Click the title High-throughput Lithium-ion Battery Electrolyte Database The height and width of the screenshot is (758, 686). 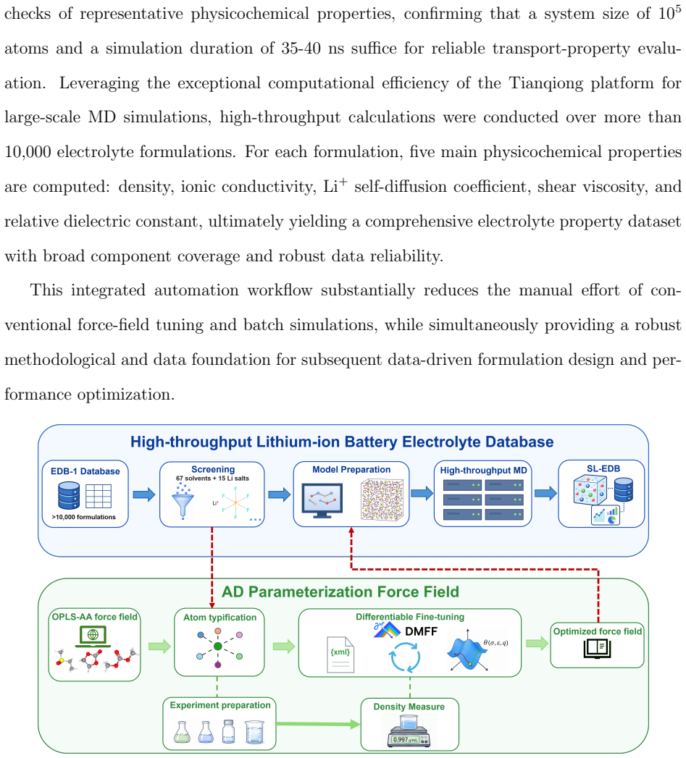[x=342, y=442]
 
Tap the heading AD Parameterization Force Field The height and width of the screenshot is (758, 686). [x=340, y=591]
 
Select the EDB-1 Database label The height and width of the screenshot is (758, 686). [x=85, y=471]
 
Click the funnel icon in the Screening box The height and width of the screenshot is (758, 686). [x=183, y=502]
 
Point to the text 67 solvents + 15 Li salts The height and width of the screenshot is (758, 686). [x=212, y=479]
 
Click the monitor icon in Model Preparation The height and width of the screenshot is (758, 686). [x=322, y=500]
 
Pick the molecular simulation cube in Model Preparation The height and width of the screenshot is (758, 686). [x=382, y=500]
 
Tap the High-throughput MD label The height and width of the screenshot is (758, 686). [x=483, y=471]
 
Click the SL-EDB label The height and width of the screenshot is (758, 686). [x=603, y=468]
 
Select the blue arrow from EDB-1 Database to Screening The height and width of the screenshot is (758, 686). [x=144, y=494]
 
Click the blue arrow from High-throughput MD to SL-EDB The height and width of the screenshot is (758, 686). [x=545, y=493]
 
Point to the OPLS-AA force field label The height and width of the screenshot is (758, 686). [x=95, y=617]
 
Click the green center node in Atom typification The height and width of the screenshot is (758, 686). [x=218, y=647]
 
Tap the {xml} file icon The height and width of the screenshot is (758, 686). [x=340, y=654]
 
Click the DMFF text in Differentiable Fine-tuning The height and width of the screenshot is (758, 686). [x=421, y=631]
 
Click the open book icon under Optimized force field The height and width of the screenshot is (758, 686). [x=598, y=649]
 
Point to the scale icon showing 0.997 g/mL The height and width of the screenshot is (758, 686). [x=409, y=731]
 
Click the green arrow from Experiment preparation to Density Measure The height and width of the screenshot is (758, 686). [x=318, y=724]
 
